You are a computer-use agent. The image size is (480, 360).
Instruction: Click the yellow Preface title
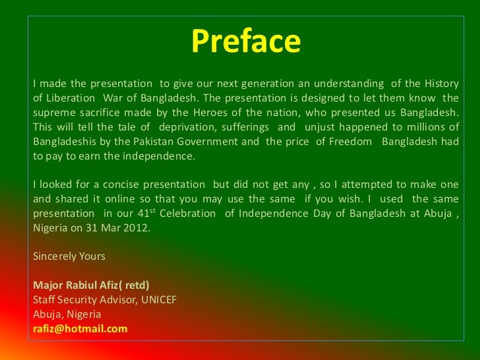246,42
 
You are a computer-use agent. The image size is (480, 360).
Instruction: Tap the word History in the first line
442,84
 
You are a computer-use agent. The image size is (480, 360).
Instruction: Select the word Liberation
71,98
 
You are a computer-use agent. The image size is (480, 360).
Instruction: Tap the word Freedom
351,141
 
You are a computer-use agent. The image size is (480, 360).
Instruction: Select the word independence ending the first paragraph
158,156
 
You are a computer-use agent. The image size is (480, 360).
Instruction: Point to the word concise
121,185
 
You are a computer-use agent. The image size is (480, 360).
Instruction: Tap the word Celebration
187,214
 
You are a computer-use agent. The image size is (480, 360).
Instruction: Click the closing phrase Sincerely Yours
69,256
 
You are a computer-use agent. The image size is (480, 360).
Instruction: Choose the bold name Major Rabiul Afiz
76,285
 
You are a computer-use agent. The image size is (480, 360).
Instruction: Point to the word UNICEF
159,300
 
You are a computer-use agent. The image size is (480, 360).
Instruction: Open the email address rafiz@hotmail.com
80,329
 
